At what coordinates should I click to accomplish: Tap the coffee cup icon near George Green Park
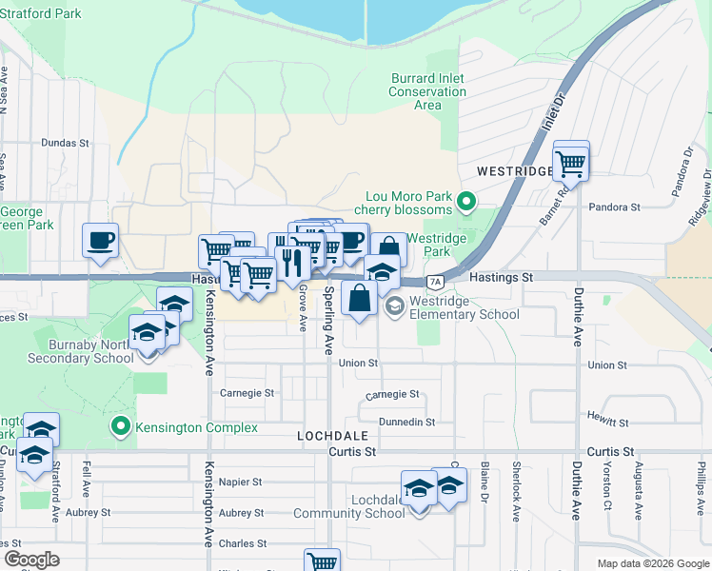(100, 241)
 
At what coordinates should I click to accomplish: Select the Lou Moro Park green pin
(466, 201)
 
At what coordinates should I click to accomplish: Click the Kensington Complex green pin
(120, 427)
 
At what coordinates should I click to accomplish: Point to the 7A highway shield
(435, 282)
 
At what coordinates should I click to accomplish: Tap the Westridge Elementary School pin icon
(394, 305)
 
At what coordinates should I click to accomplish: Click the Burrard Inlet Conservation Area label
(427, 92)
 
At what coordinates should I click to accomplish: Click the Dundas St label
(65, 143)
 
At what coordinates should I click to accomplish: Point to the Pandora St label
(614, 207)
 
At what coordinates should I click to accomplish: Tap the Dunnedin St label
(406, 422)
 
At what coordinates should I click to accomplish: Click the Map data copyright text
(652, 563)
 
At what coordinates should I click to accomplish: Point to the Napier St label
(240, 482)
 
